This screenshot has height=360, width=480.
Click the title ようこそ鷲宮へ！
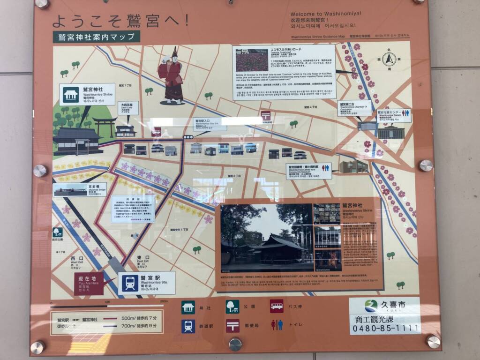pyautogui.click(x=121, y=20)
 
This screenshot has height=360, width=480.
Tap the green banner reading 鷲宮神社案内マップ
pyautogui.click(x=97, y=37)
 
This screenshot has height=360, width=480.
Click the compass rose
pyautogui.click(x=389, y=59)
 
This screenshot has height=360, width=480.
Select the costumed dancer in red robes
pyautogui.click(x=172, y=76)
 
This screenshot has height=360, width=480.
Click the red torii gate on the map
pyautogui.click(x=104, y=126)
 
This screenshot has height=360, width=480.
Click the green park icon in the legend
pyautogui.click(x=232, y=307)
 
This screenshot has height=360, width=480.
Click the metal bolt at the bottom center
pyautogui.click(x=235, y=345)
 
